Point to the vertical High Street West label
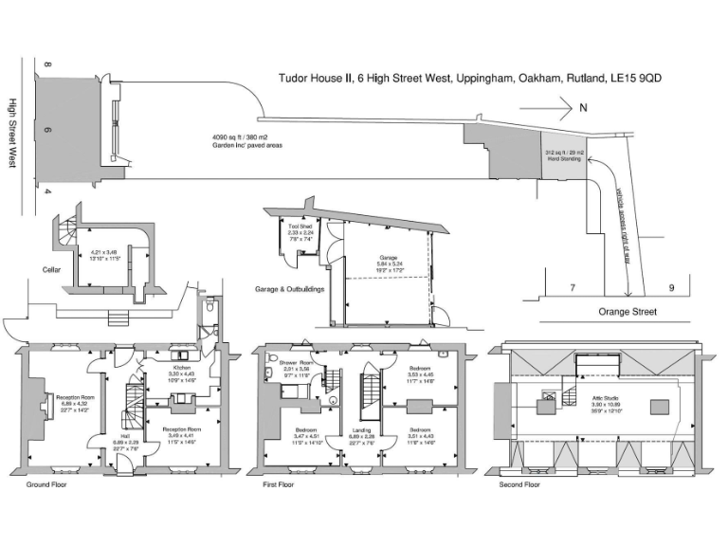(13, 133)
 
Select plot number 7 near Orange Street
(572, 286)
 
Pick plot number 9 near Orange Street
(671, 286)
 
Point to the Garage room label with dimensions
(388, 264)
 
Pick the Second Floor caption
(519, 484)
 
